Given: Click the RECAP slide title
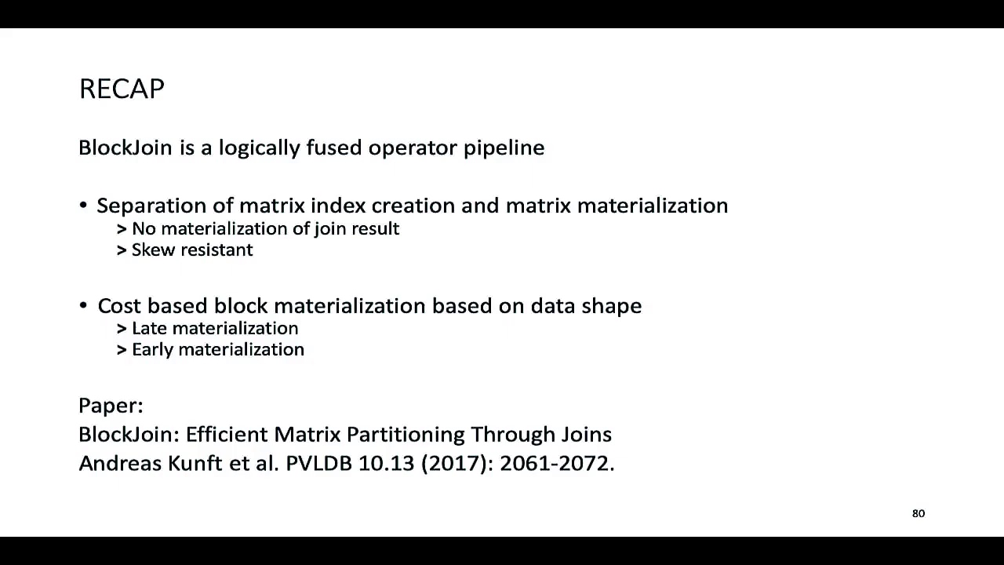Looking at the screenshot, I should pyautogui.click(x=122, y=89).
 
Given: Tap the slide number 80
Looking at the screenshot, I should pyautogui.click(x=919, y=513).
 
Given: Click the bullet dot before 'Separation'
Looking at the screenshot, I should pyautogui.click(x=83, y=206).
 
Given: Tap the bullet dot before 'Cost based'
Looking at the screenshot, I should pyautogui.click(x=83, y=306).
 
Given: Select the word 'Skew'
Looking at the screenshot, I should pyautogui.click(x=148, y=250).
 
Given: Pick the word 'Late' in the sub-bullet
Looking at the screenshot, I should pyautogui.click(x=149, y=328).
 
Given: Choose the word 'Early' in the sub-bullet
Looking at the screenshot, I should pyautogui.click(x=152, y=349).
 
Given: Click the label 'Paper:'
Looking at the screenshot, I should pyautogui.click(x=111, y=406).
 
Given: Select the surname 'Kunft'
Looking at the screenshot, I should pyautogui.click(x=196, y=463).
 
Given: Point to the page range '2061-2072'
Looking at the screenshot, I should pyautogui.click(x=556, y=463).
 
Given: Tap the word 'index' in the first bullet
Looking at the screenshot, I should pyautogui.click(x=337, y=206).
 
